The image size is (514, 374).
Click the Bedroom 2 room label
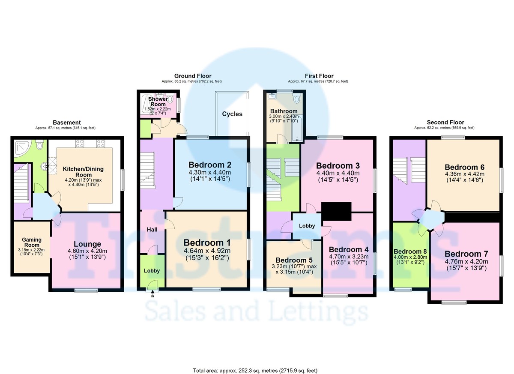(x=210, y=165)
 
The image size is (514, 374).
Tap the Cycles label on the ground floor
(x=232, y=114)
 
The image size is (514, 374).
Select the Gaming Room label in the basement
(x=32, y=242)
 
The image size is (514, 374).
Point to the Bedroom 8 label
(x=410, y=251)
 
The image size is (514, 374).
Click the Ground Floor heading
(x=193, y=76)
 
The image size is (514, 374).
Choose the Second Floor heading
(x=445, y=122)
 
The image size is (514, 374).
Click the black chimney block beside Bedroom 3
(x=336, y=211)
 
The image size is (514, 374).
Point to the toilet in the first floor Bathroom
(x=297, y=98)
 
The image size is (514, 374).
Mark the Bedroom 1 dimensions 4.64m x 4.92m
(x=207, y=251)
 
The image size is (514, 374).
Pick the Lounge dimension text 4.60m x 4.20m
(x=87, y=251)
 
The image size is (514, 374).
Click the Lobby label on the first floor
(x=307, y=226)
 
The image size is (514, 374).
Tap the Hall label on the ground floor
(x=152, y=230)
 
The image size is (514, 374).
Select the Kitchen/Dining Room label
(x=83, y=172)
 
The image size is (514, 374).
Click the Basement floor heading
(x=67, y=122)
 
